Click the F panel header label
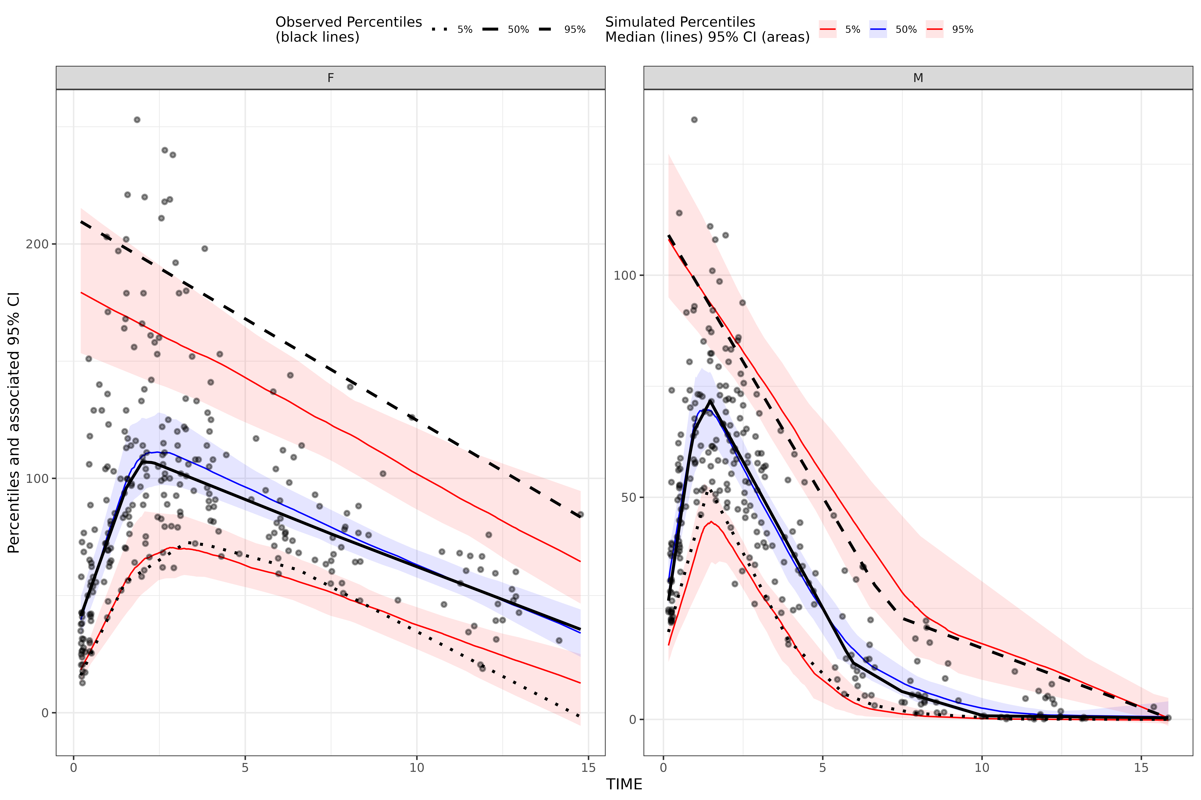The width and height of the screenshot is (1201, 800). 330,78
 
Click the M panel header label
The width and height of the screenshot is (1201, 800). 918,78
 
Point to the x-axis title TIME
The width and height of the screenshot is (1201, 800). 624,784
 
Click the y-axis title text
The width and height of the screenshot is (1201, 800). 14,422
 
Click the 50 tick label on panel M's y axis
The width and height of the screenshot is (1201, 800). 628,497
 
